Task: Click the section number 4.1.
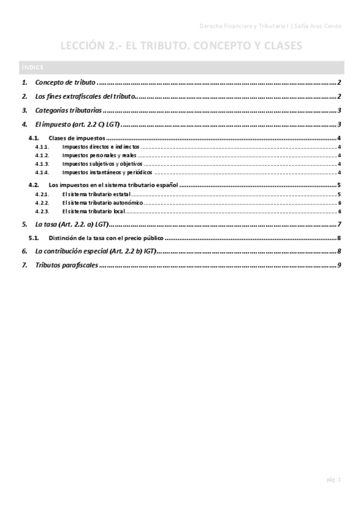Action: (34, 139)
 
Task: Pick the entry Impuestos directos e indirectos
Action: (101, 147)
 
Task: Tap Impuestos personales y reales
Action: (99, 155)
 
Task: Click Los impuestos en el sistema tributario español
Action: (113, 185)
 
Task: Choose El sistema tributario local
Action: (94, 211)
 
